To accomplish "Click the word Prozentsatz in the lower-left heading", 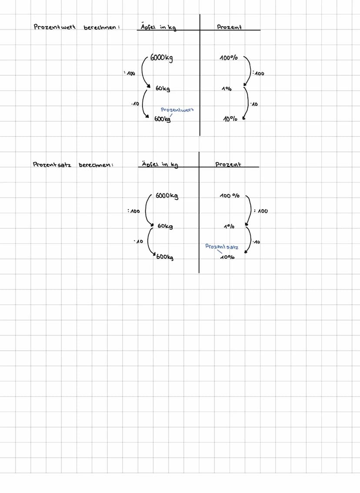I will [x=52, y=165].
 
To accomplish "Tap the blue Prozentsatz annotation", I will [x=222, y=247].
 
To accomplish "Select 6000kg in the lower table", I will [x=167, y=196].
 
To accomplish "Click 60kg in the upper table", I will [x=163, y=89].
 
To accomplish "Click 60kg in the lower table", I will [x=165, y=227].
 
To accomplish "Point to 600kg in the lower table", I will [x=165, y=257].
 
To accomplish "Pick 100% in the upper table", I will [x=229, y=58].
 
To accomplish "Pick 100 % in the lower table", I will [x=230, y=196].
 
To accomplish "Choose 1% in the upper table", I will [x=227, y=89].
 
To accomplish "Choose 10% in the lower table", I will [x=227, y=257].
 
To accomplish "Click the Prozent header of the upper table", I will [x=229, y=27].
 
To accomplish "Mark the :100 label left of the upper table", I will [x=130, y=73].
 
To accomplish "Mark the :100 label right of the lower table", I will [x=261, y=211].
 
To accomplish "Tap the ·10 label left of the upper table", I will [x=135, y=104].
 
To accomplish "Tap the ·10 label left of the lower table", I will [x=139, y=241].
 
